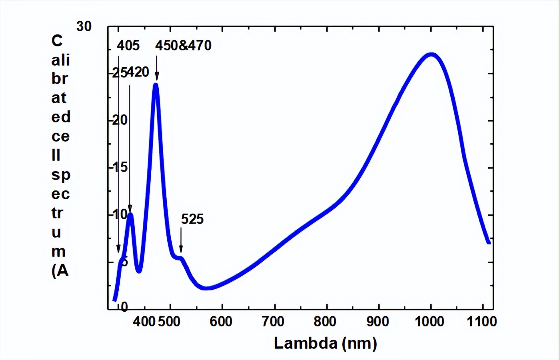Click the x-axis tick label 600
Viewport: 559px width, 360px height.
pyautogui.click(x=221, y=322)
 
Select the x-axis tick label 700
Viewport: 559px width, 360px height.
pyautogui.click(x=274, y=322)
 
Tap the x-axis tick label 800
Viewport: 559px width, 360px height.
pyautogui.click(x=325, y=322)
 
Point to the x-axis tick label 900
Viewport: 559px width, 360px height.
pyautogui.click(x=377, y=322)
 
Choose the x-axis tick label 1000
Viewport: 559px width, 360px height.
pyautogui.click(x=429, y=322)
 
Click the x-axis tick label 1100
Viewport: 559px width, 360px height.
pyautogui.click(x=482, y=322)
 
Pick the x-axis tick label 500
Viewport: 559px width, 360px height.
pyautogui.click(x=169, y=322)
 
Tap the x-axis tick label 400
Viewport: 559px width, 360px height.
pyautogui.click(x=144, y=322)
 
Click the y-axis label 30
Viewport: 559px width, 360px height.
pyautogui.click(x=84, y=26)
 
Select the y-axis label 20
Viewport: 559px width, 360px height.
pyautogui.click(x=120, y=120)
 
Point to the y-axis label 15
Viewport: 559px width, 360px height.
pyautogui.click(x=120, y=167)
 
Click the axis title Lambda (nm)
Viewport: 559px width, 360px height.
pyautogui.click(x=325, y=343)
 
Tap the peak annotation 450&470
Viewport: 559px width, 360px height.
pyautogui.click(x=183, y=46)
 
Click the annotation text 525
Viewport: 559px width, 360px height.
pyautogui.click(x=192, y=219)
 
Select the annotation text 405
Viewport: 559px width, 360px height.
pyautogui.click(x=128, y=46)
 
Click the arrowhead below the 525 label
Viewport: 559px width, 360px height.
pyautogui.click(x=181, y=250)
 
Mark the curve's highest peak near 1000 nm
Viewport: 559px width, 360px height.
pyautogui.click(x=431, y=54)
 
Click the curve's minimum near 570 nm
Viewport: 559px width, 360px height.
pyautogui.click(x=206, y=288)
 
